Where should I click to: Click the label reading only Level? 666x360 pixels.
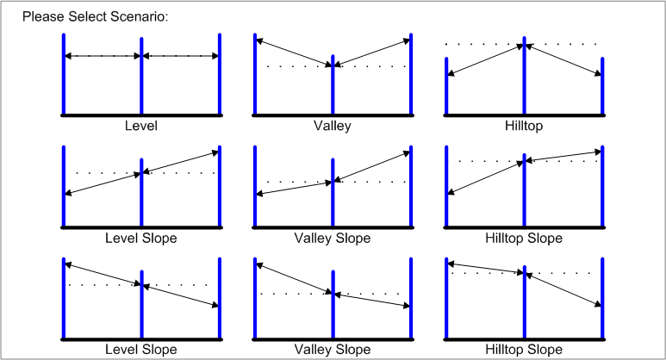141,126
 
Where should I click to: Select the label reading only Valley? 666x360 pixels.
333,126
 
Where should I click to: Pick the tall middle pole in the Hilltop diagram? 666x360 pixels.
523,78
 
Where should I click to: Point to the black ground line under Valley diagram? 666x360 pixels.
333,115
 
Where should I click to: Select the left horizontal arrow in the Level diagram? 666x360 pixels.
103,56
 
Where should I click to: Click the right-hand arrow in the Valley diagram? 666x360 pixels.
372,52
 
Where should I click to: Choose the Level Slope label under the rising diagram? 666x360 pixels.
141,238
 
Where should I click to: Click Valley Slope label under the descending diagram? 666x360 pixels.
333,350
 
